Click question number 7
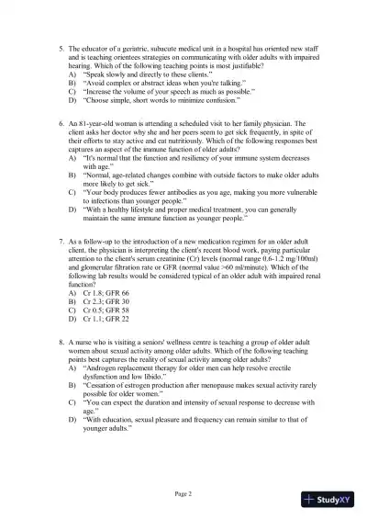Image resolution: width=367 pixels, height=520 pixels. [60, 242]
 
